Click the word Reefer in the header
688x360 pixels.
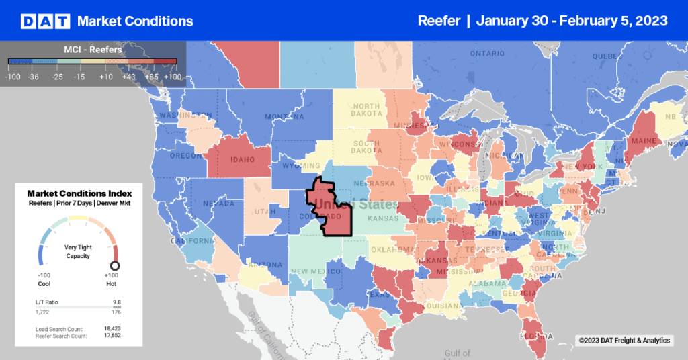click(x=439, y=21)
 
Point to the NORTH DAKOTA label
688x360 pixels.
click(x=366, y=111)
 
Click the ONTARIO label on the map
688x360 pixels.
click(x=487, y=53)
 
